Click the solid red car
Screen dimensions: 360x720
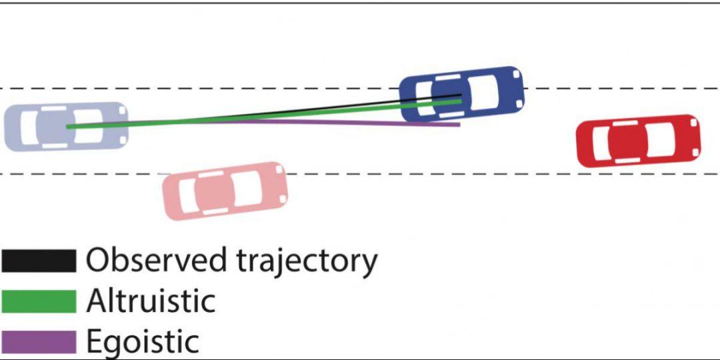click(x=638, y=141)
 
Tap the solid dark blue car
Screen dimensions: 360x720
click(x=461, y=93)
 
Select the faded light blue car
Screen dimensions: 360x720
click(x=66, y=126)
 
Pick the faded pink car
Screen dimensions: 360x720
click(x=225, y=190)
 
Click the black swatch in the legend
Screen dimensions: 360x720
click(x=38, y=261)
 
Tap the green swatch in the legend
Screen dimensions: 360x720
click(x=38, y=301)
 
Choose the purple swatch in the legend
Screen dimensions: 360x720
click(x=38, y=341)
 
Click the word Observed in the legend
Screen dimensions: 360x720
click(x=157, y=260)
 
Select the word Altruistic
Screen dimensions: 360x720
click(x=151, y=301)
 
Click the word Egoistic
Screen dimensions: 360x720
click(x=143, y=343)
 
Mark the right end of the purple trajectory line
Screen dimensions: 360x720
click(x=459, y=124)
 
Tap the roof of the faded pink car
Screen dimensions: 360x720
click(x=217, y=191)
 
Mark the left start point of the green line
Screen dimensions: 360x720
click(x=68, y=126)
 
